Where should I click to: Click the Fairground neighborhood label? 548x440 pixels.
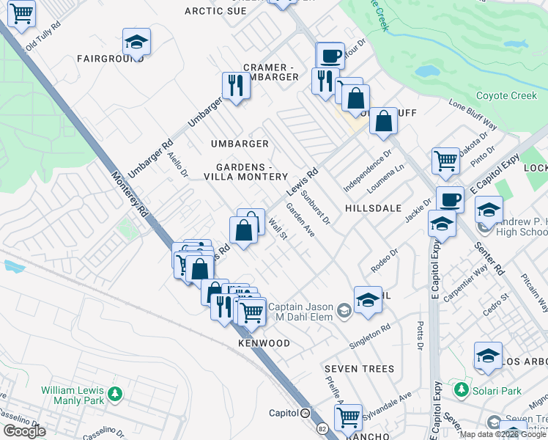(x=110, y=58)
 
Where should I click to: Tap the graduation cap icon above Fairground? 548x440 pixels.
(x=136, y=43)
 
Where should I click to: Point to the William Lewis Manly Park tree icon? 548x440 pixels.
(x=114, y=395)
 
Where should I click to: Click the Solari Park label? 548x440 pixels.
(x=497, y=391)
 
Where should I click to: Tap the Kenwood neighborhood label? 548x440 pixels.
(x=264, y=343)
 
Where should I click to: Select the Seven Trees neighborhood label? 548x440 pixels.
(x=360, y=369)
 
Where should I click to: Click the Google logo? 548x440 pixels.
(x=24, y=431)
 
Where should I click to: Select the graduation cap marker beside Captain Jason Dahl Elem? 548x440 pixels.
(x=368, y=299)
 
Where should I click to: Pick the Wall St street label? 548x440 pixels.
(x=277, y=229)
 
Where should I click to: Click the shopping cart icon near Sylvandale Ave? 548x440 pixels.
(x=349, y=417)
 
